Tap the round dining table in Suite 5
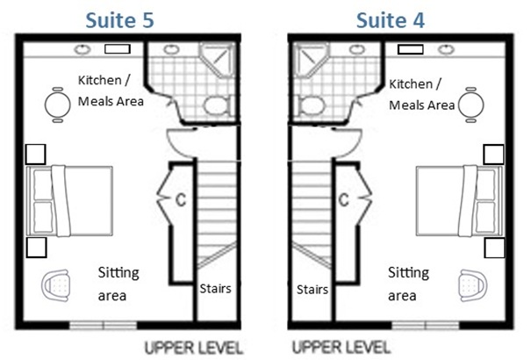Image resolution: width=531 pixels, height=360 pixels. pyautogui.click(x=58, y=106)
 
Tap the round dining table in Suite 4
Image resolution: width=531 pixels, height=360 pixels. pyautogui.click(x=471, y=106)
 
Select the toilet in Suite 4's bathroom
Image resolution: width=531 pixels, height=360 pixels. pyautogui.click(x=312, y=108)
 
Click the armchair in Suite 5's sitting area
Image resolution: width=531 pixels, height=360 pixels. pyautogui.click(x=59, y=284)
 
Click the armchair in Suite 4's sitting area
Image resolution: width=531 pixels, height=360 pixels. pyautogui.click(x=470, y=284)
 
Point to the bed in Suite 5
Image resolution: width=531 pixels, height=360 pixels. pyautogui.click(x=72, y=203)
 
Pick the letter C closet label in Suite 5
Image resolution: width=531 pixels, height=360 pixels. pyautogui.click(x=179, y=197)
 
